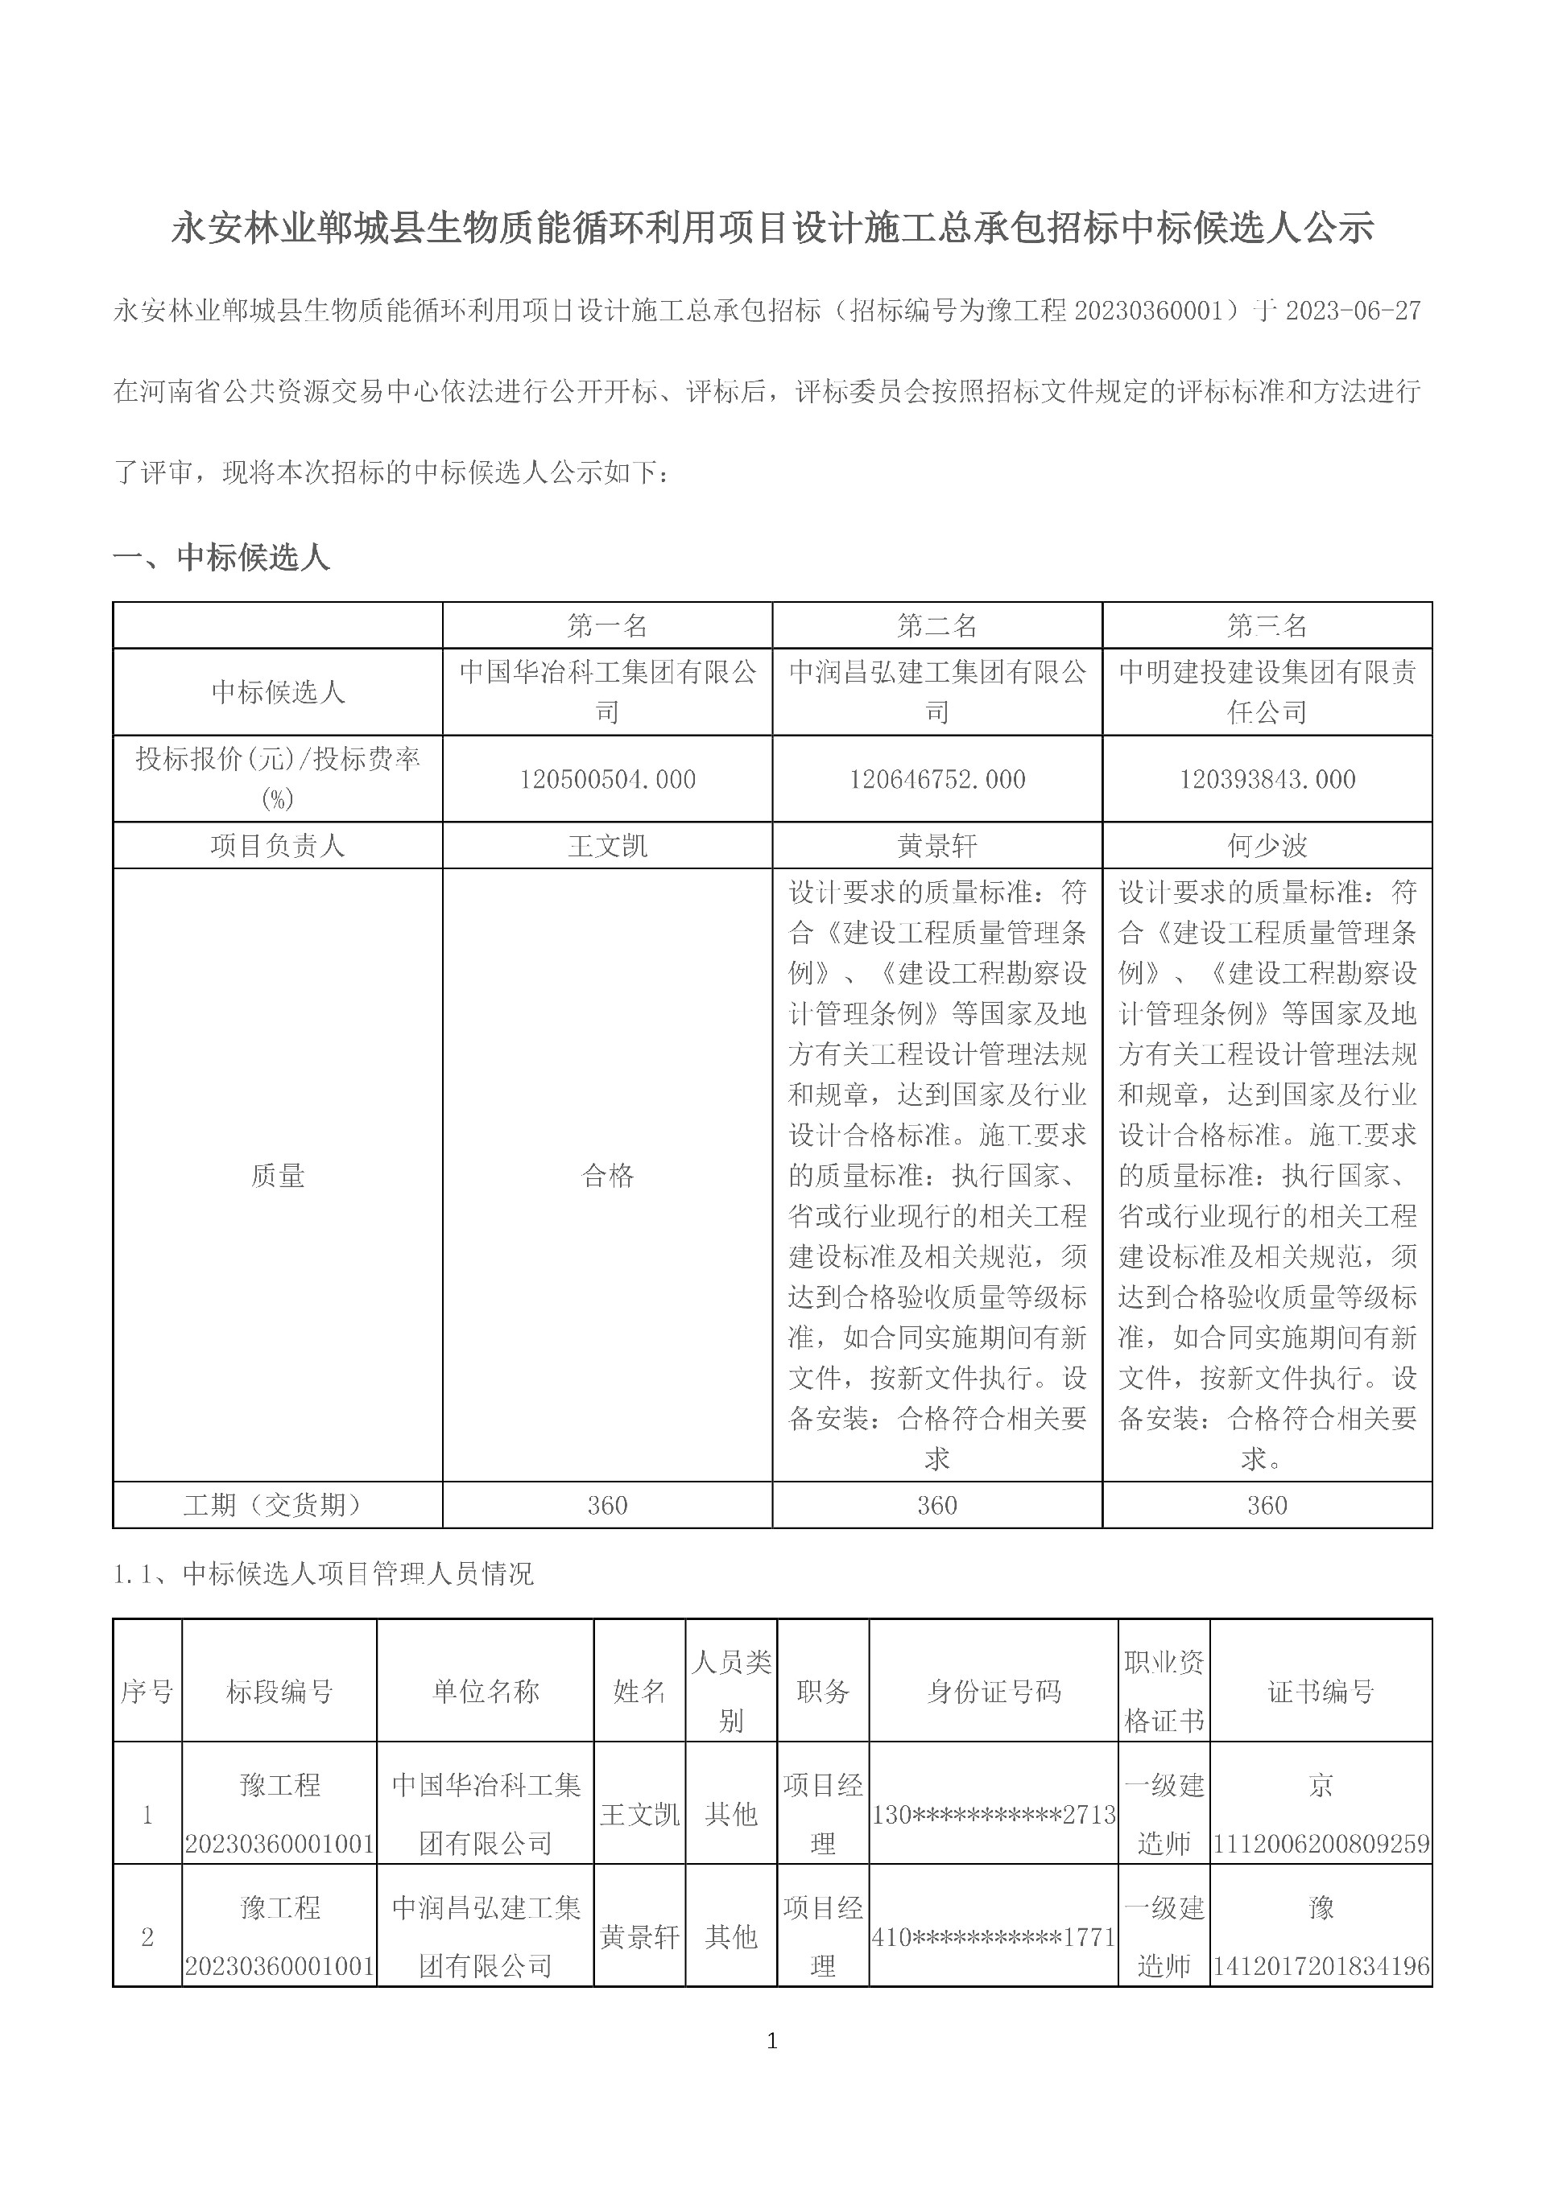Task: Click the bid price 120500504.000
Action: coord(607,779)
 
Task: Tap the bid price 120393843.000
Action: coord(1267,779)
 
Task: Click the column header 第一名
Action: coord(607,625)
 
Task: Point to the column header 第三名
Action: coord(1267,625)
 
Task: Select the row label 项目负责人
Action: coord(277,845)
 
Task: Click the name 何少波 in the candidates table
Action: coord(1267,845)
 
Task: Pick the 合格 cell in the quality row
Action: coord(607,1175)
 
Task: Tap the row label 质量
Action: coord(277,1175)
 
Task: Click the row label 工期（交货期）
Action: coord(277,1505)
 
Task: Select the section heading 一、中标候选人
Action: coord(221,558)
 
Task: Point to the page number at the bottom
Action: coord(772,2040)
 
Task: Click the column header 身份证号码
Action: coord(993,1691)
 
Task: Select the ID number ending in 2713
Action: coord(993,1815)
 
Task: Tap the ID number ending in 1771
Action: coord(993,1936)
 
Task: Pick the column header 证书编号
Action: coord(1321,1691)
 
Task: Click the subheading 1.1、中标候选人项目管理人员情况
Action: coord(324,1574)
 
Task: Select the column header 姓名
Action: coord(639,1691)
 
